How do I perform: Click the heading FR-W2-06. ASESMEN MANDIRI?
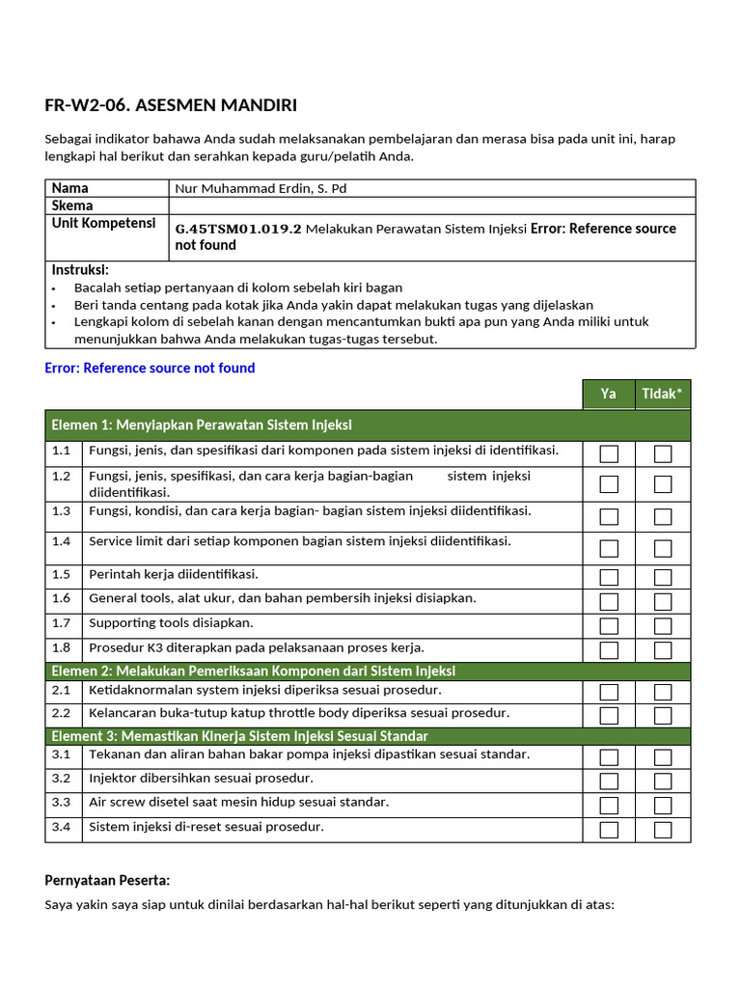click(x=164, y=106)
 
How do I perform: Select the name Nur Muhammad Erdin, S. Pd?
click(x=261, y=189)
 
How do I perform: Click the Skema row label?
click(x=72, y=206)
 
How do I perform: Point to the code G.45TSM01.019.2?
click(x=238, y=230)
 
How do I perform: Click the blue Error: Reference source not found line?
click(x=150, y=368)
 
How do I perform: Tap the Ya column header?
click(x=608, y=394)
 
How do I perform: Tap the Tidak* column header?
click(x=662, y=394)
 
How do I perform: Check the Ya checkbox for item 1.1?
click(x=609, y=453)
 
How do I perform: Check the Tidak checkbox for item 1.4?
click(x=663, y=548)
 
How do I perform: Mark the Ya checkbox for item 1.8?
click(x=609, y=650)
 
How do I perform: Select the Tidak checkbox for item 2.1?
click(x=663, y=693)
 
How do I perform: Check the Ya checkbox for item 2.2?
click(x=609, y=716)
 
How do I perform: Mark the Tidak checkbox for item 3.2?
click(x=663, y=781)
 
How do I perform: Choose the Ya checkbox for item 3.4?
click(x=609, y=830)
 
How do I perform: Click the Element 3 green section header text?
click(x=239, y=736)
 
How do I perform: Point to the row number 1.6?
click(x=62, y=599)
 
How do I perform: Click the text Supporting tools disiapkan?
click(x=171, y=623)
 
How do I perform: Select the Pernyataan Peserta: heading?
click(x=107, y=880)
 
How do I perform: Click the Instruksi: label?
click(x=80, y=270)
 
